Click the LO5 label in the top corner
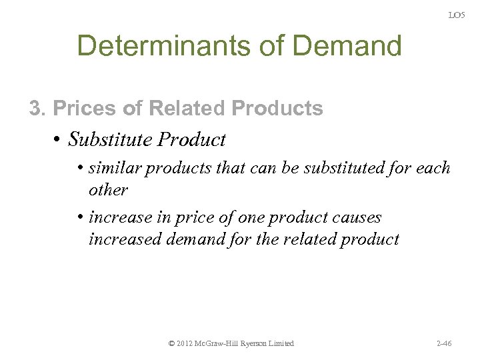(x=456, y=15)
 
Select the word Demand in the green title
(x=349, y=46)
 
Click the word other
(x=107, y=189)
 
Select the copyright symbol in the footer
(x=171, y=343)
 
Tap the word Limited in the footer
(x=281, y=343)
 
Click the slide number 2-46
(x=443, y=343)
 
